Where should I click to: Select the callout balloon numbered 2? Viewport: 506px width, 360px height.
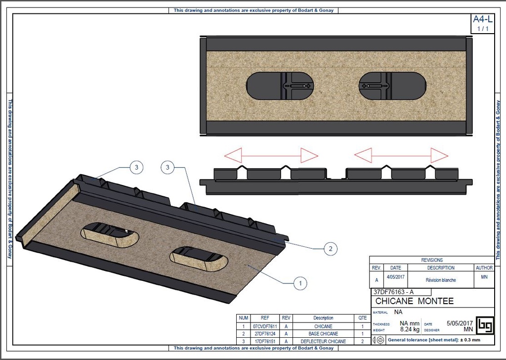pyautogui.click(x=330, y=248)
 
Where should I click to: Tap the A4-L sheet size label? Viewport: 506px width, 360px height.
pyautogui.click(x=482, y=20)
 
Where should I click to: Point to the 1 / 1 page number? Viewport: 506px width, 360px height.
pyautogui.click(x=483, y=29)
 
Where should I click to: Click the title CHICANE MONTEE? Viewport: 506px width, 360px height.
pyautogui.click(x=414, y=301)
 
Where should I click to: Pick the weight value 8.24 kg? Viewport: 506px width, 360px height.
pyautogui.click(x=409, y=329)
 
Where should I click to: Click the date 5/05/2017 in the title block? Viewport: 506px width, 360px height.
pyautogui.click(x=460, y=323)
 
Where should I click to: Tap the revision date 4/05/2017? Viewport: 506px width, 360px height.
pyautogui.click(x=396, y=277)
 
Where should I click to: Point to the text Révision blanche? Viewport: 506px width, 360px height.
pyautogui.click(x=441, y=280)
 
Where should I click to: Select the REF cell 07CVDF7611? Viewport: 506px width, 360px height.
pyautogui.click(x=265, y=326)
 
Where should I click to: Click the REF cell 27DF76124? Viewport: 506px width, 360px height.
pyautogui.click(x=265, y=334)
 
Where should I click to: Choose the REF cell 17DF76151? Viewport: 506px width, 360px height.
pyautogui.click(x=265, y=341)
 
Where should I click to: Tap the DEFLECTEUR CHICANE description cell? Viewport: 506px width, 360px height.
pyautogui.click(x=323, y=341)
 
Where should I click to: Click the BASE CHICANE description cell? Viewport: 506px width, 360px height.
pyautogui.click(x=323, y=334)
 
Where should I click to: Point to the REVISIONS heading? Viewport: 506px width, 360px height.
pyautogui.click(x=432, y=260)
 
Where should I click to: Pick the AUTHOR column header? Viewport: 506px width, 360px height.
pyautogui.click(x=484, y=268)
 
